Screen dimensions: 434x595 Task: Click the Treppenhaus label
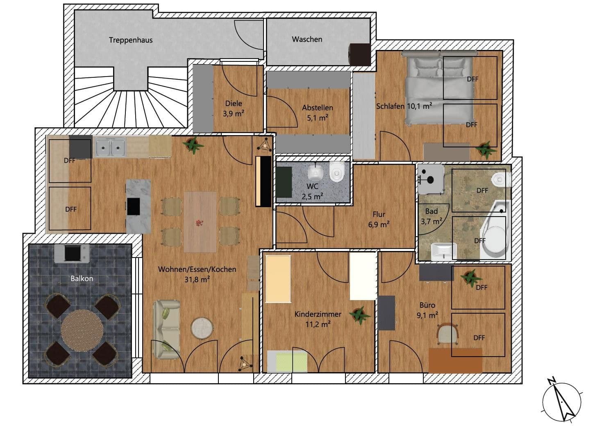131,40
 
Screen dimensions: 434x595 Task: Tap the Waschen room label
307,39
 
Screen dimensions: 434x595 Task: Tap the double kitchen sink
110,148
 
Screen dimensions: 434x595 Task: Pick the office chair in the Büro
448,334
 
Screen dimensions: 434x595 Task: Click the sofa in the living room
166,330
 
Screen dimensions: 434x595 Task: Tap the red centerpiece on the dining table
199,223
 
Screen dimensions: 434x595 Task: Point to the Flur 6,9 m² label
379,219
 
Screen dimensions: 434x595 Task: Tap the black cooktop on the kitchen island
133,206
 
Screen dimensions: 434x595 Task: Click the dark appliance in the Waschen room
360,54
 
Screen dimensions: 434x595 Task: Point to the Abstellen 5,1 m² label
317,113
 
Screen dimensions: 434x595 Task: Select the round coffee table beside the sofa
202,328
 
